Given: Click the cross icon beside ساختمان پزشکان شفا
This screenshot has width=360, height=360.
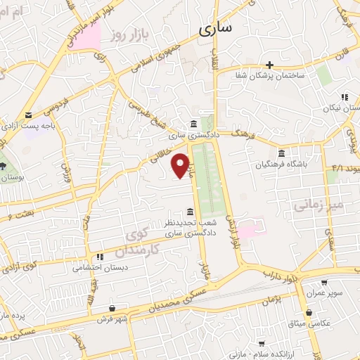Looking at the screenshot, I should click(269, 65).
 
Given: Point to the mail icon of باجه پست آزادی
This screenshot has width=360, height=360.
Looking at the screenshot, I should click(28, 115).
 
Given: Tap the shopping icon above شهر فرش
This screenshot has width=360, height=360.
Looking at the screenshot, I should click(112, 308).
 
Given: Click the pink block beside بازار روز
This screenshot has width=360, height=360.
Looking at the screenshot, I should click(86, 37).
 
